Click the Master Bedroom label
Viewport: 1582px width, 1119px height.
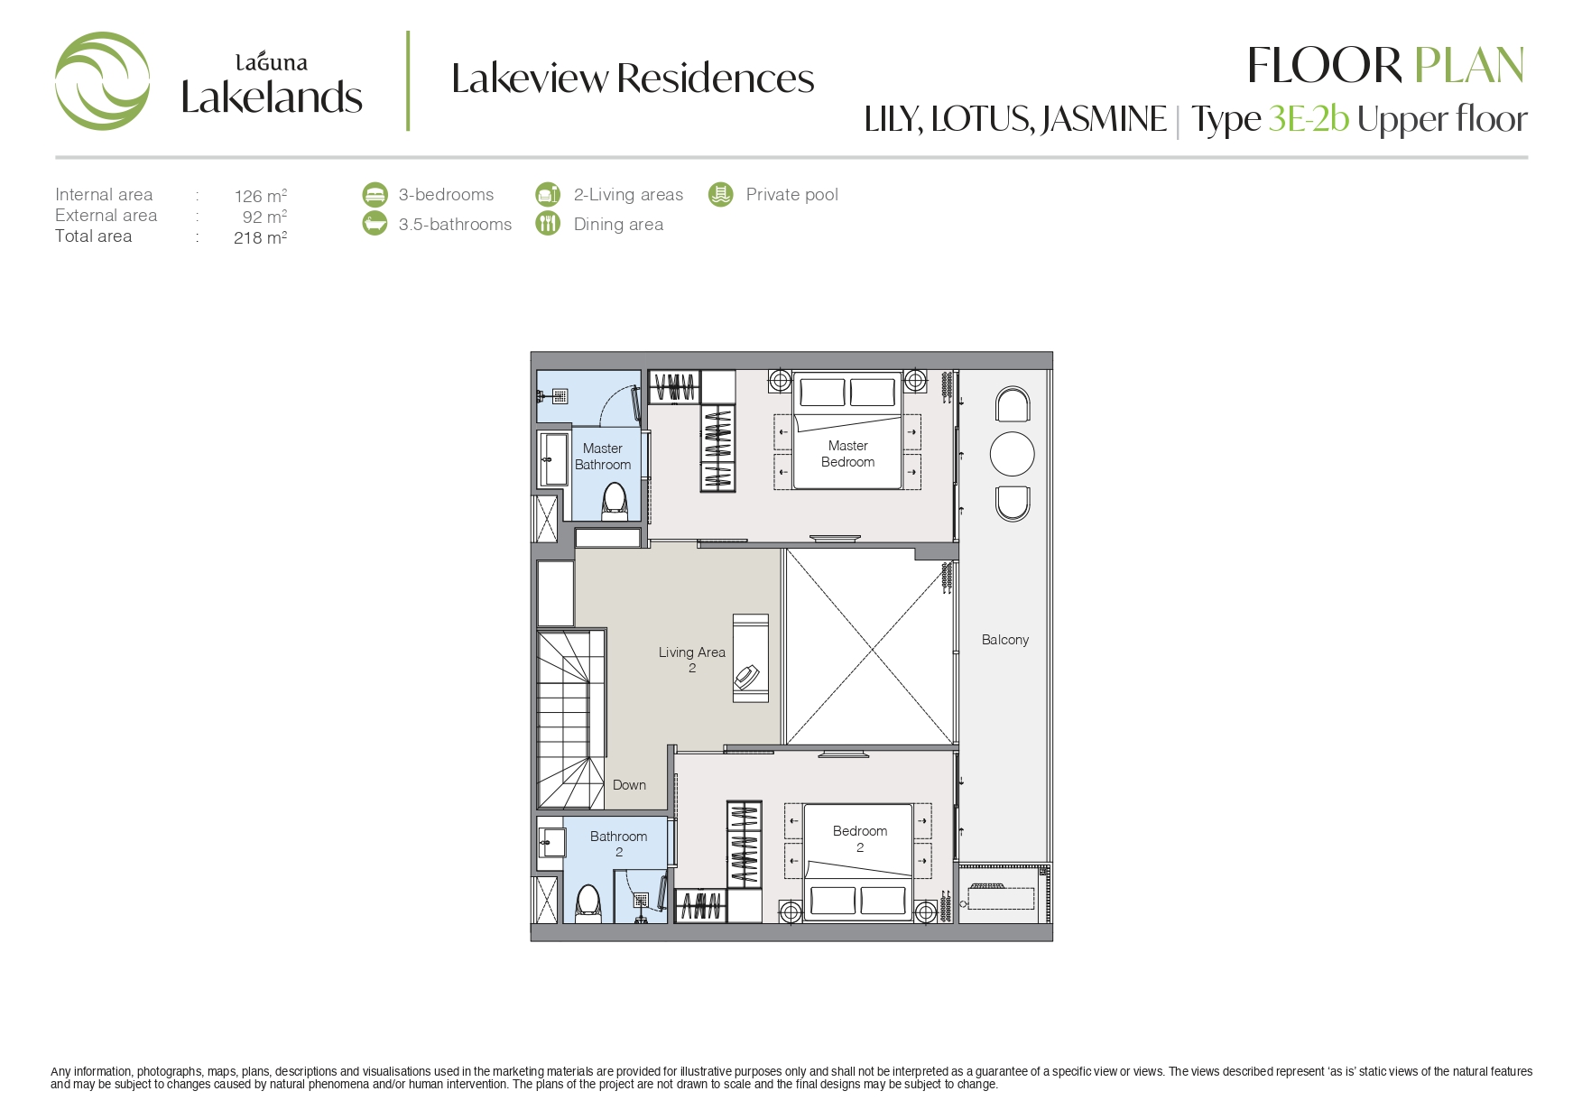[847, 454]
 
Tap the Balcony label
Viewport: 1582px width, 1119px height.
[1004, 640]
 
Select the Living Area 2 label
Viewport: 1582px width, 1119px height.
[691, 660]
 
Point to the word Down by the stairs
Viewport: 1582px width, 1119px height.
[629, 785]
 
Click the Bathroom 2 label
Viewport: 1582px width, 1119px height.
[618, 844]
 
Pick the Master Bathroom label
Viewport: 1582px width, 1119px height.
[603, 457]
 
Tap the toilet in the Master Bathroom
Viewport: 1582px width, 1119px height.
[615, 502]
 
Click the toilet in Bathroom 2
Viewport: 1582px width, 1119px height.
[588, 902]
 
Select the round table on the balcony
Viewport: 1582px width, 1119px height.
[1012, 454]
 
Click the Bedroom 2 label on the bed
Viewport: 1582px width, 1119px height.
[859, 838]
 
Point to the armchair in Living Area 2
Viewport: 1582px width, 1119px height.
[747, 677]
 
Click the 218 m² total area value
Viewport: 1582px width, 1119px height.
[260, 237]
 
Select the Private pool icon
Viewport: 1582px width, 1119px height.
[720, 194]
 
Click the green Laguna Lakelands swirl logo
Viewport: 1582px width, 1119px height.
[102, 81]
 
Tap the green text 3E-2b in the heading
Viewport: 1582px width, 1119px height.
[1309, 119]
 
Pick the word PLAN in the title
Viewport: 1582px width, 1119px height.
[1468, 66]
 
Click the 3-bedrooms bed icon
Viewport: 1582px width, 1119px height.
[375, 194]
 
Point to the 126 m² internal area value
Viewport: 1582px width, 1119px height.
[261, 196]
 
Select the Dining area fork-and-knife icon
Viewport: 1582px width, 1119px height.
[548, 223]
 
